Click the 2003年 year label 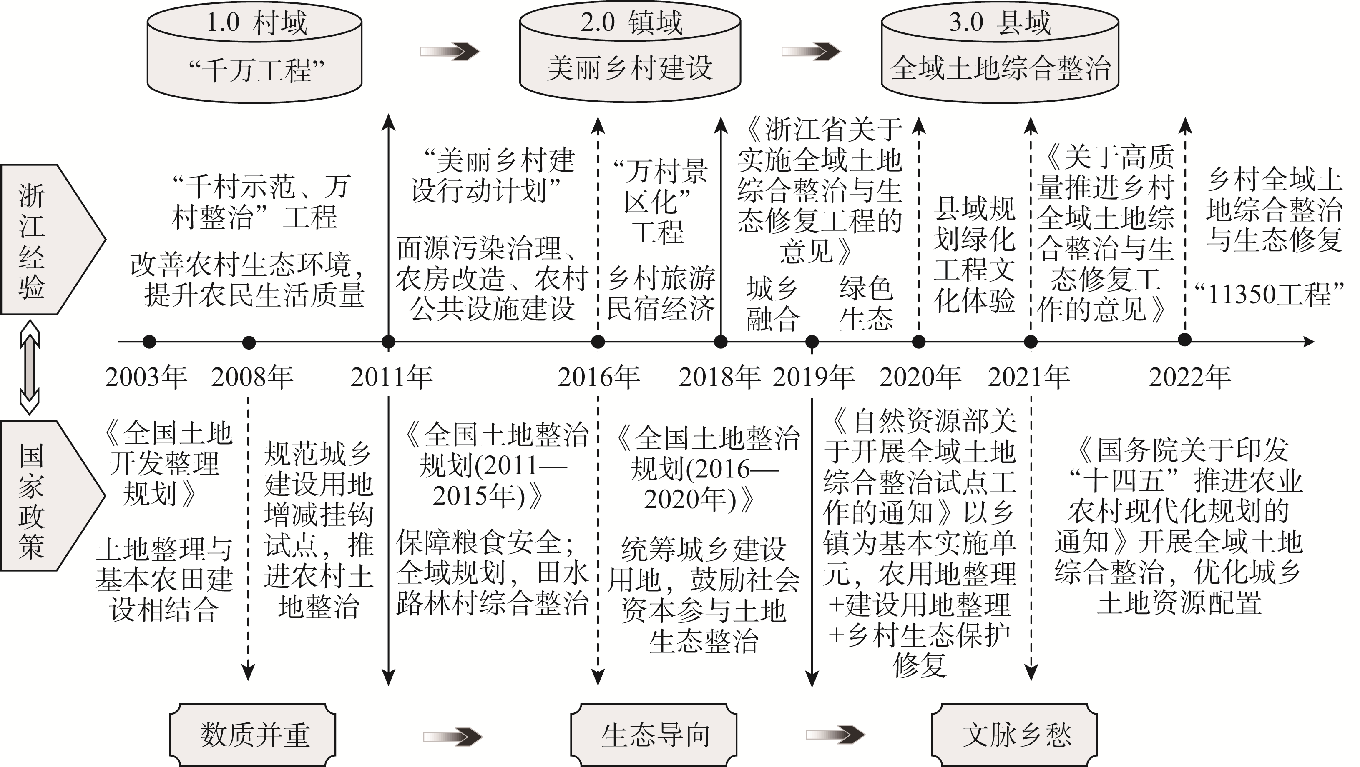coord(146,377)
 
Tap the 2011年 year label coord(391,377)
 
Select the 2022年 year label coord(1189,377)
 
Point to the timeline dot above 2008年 coord(249,343)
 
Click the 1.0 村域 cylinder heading coord(256,22)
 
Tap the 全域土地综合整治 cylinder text coord(1001,69)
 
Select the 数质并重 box coord(253,734)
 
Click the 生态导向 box coord(654,734)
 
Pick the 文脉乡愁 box coord(1014,734)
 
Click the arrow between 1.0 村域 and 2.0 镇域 coord(449,51)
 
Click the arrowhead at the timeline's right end coord(1309,342)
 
